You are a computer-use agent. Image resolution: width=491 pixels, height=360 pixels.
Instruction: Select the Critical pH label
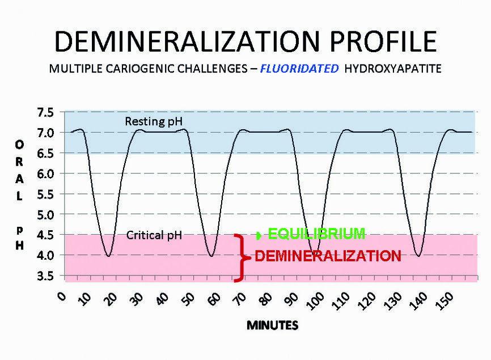pyautogui.click(x=154, y=235)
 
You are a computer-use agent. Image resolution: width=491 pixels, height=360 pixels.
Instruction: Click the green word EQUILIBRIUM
pyautogui.click(x=316, y=234)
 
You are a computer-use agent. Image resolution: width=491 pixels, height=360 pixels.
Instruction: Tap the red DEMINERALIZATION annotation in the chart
pyautogui.click(x=328, y=256)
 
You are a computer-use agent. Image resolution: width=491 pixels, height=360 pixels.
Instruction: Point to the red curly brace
pyautogui.click(x=242, y=258)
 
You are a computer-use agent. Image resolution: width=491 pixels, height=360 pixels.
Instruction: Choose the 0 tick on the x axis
pyautogui.click(x=63, y=297)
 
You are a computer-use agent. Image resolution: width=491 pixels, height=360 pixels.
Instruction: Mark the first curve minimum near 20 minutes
pyautogui.click(x=108, y=256)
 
